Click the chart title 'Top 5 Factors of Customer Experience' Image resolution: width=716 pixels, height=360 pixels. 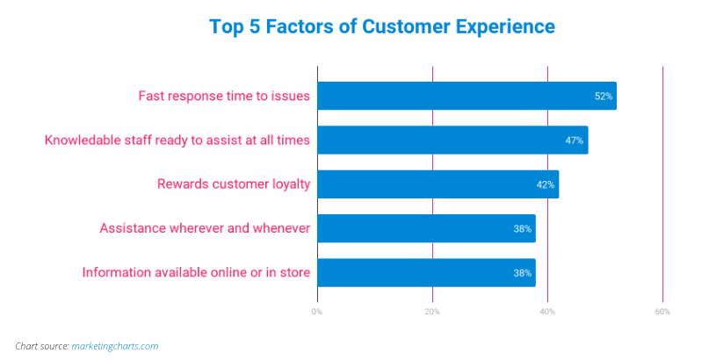(x=382, y=26)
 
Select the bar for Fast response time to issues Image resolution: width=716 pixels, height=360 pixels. (x=466, y=96)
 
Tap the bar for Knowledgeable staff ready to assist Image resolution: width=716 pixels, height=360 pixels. (x=452, y=140)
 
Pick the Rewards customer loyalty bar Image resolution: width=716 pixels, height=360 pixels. (x=438, y=184)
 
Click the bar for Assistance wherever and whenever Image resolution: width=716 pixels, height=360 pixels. (x=426, y=228)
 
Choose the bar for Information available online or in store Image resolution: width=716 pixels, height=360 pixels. (x=426, y=272)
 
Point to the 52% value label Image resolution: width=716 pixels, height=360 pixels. (x=604, y=97)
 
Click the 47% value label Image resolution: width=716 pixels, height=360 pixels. (x=575, y=140)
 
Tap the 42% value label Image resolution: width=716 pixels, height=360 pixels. (x=546, y=184)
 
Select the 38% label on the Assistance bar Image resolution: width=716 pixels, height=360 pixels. (x=523, y=228)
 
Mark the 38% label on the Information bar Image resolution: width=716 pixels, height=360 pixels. (x=523, y=273)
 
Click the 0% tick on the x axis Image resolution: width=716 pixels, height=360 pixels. (x=317, y=312)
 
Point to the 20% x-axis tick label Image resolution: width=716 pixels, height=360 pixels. (x=432, y=312)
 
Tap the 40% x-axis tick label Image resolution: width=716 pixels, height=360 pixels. (x=547, y=312)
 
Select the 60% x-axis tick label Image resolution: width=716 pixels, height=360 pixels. (x=662, y=312)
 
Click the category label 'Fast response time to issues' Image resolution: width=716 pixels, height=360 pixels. (x=224, y=96)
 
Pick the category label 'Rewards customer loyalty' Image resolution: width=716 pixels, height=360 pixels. (x=234, y=184)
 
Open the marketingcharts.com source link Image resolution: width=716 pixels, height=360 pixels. (x=115, y=346)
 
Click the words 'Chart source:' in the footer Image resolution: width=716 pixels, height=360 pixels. (x=42, y=346)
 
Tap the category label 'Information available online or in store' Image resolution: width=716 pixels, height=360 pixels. (x=197, y=272)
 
